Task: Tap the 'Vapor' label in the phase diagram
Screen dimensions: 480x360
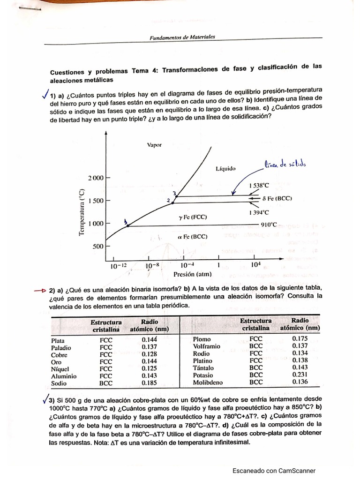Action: pyautogui.click(x=154, y=145)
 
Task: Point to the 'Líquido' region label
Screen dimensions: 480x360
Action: pyautogui.click(x=225, y=168)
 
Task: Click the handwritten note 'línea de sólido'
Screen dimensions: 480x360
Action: pyautogui.click(x=285, y=165)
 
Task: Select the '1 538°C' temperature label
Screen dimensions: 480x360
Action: pyautogui.click(x=260, y=185)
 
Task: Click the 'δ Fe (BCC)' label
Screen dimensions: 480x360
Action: pyautogui.click(x=277, y=198)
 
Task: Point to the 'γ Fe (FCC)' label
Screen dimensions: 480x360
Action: pyautogui.click(x=192, y=217)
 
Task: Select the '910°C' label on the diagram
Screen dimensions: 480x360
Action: pyautogui.click(x=269, y=225)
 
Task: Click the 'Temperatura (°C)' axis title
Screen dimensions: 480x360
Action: pyautogui.click(x=82, y=212)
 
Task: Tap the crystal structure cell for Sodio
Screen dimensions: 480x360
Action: pyautogui.click(x=106, y=383)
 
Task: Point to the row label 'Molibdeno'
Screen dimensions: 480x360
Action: pyautogui.click(x=208, y=382)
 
